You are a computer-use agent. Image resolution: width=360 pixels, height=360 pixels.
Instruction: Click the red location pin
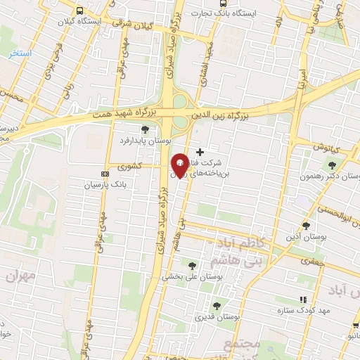coord(180,165)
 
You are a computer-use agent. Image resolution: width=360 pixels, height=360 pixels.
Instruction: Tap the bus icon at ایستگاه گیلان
coord(79,11)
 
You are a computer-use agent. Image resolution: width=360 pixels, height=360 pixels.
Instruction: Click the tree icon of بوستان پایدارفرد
coord(145,129)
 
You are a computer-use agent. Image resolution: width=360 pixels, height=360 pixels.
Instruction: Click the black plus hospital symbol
coord(200,151)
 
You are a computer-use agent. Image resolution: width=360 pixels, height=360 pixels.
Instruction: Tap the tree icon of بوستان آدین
coord(306,225)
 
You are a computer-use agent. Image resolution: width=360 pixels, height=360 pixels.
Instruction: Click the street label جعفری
coord(309,261)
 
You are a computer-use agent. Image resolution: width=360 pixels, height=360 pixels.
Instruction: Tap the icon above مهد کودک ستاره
coord(303,300)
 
